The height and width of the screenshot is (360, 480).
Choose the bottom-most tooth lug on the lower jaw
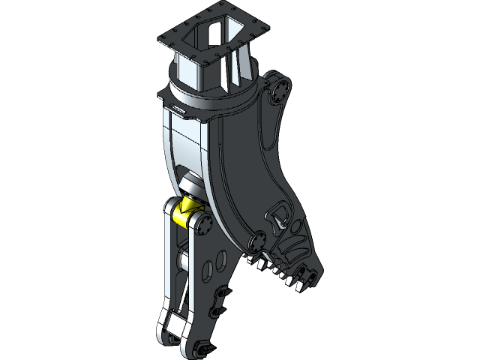coord(200,349)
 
